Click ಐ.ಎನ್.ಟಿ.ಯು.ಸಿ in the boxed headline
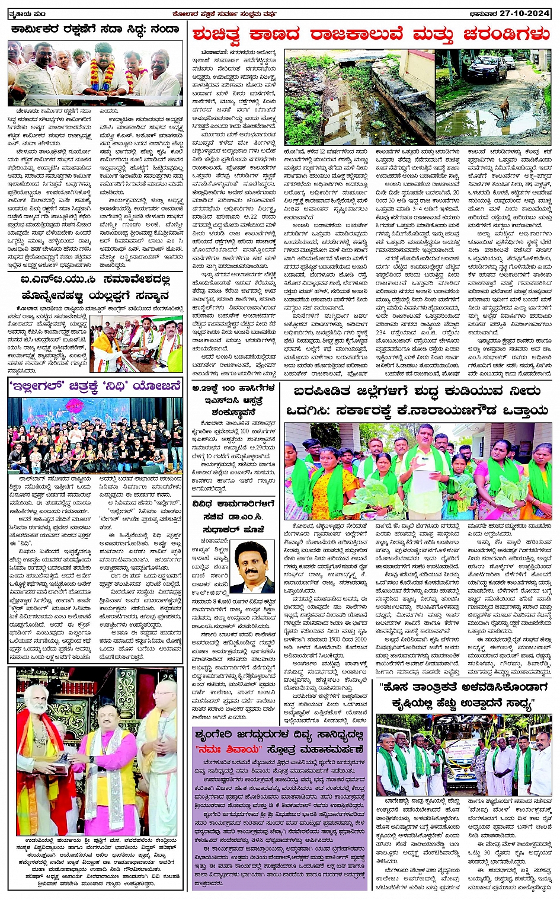(x=54, y=279)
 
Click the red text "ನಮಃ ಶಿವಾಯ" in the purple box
(x=223, y=749)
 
